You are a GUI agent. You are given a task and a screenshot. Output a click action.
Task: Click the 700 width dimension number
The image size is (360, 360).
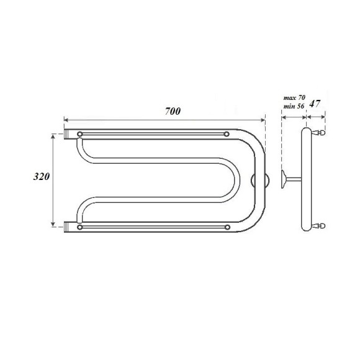click(x=172, y=112)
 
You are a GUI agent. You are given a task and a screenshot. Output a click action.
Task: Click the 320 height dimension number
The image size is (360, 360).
click(x=41, y=176)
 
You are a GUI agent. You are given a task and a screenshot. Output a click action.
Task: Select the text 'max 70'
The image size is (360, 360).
click(x=294, y=98)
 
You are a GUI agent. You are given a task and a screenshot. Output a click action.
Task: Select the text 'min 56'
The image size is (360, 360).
click(x=294, y=107)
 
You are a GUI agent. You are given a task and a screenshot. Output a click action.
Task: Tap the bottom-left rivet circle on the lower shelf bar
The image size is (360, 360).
click(x=79, y=227)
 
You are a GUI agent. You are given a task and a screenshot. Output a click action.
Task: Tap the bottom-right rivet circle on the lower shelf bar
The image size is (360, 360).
click(x=228, y=227)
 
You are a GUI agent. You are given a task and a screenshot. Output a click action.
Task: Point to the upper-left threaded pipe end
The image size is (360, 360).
click(x=68, y=133)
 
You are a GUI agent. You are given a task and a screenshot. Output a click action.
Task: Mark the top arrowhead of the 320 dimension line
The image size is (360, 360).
click(x=53, y=135)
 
